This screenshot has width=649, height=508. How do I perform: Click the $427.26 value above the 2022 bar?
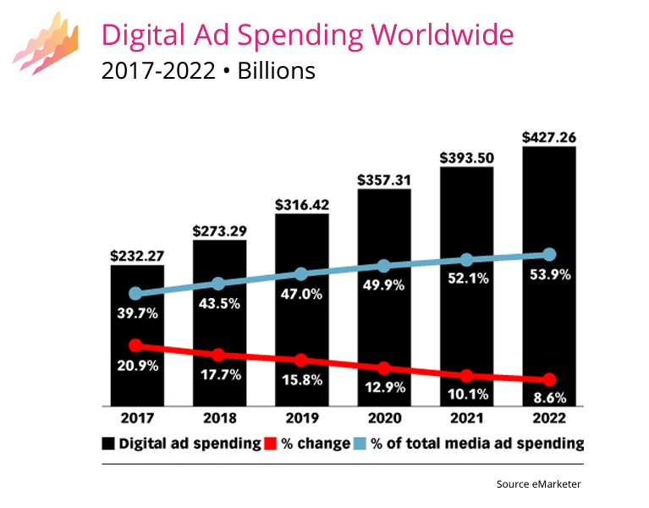pyautogui.click(x=549, y=136)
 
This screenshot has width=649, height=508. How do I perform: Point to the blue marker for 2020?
pyautogui.click(x=384, y=267)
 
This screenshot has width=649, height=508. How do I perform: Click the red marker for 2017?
pyautogui.click(x=136, y=345)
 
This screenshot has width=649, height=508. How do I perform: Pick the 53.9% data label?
pyautogui.click(x=549, y=274)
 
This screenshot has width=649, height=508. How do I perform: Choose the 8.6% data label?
pyautogui.click(x=549, y=397)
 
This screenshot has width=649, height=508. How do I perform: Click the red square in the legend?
pyautogui.click(x=271, y=444)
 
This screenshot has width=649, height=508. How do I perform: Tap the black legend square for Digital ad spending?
pyautogui.click(x=108, y=444)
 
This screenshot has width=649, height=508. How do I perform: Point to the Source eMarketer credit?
pyautogui.click(x=539, y=484)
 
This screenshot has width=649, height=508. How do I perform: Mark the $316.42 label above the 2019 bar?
pyautogui.click(x=301, y=204)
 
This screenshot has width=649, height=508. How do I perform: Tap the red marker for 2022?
pyautogui.click(x=549, y=379)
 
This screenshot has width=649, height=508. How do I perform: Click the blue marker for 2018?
pyautogui.click(x=218, y=284)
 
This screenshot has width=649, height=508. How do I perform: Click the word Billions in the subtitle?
pyautogui.click(x=276, y=70)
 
